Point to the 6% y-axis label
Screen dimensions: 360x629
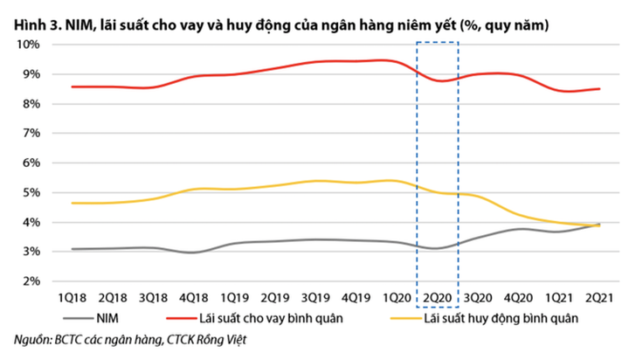[x=29, y=163]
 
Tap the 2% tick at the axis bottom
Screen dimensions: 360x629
[x=29, y=281]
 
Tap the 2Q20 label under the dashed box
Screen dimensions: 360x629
[x=436, y=300]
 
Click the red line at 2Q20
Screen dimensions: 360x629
[x=436, y=80]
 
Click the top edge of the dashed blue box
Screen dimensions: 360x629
[x=436, y=42]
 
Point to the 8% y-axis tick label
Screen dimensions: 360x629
[x=29, y=103]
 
